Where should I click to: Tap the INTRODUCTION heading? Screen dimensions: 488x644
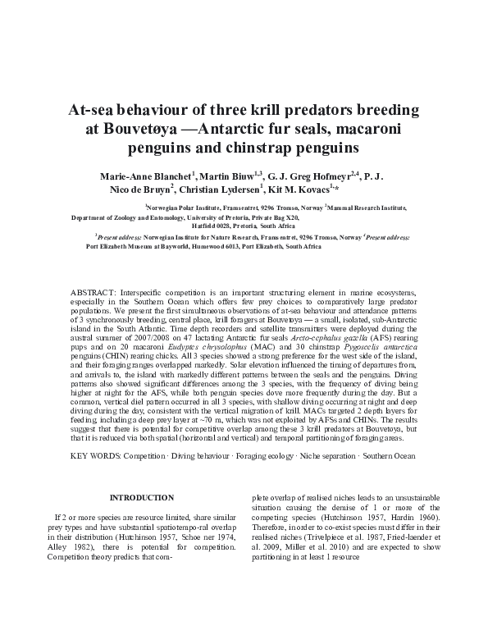point(142,497)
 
